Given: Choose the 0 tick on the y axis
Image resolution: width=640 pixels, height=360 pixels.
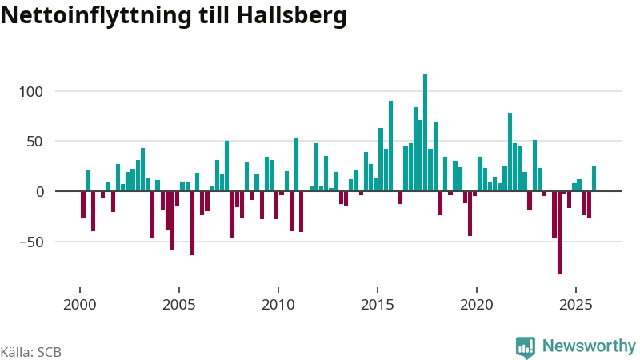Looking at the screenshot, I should pos(49,192).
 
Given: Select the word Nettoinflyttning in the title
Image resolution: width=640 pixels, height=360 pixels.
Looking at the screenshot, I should pos(98,17).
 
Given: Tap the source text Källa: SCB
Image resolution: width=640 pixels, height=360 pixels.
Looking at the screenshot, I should pos(31,352).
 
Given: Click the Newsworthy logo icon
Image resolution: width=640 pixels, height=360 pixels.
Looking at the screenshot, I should pos(526,346).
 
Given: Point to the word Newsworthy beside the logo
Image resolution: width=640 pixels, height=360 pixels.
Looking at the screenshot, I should pos(589,346).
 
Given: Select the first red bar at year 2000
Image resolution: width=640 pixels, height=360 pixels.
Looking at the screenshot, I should pos(83,205).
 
